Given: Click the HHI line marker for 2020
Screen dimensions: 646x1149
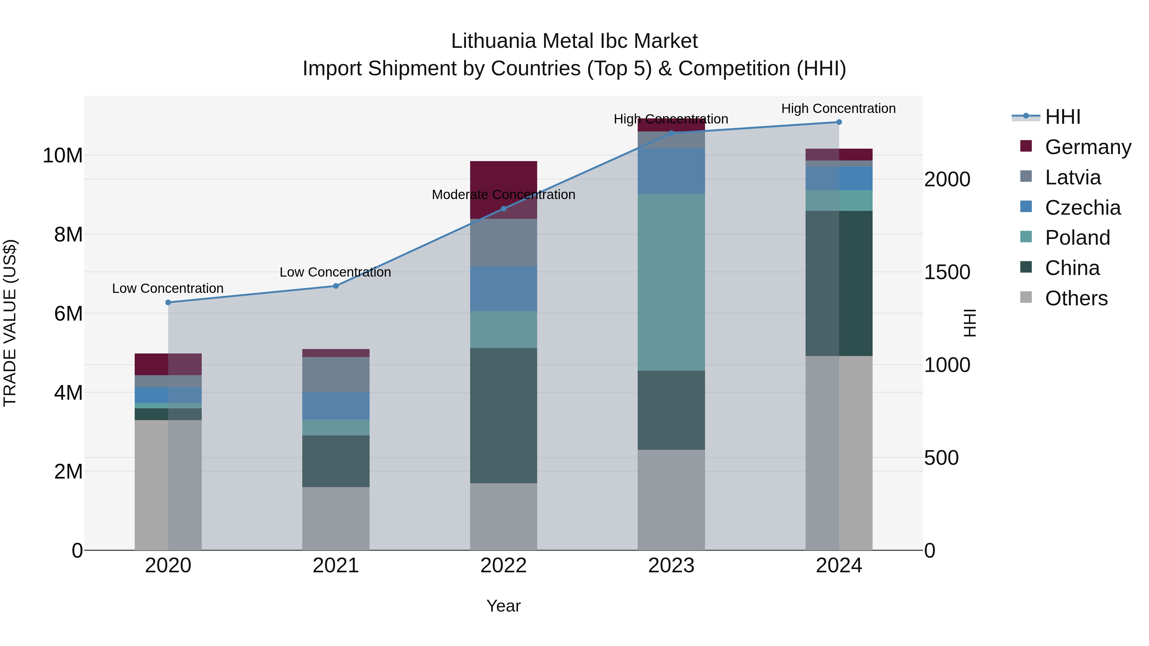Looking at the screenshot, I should coord(168,302).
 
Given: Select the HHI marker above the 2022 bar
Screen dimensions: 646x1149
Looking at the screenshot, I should coord(504,209).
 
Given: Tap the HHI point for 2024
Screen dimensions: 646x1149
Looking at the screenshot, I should coord(839,122).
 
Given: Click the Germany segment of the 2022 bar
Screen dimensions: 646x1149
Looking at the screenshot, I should coord(504,178).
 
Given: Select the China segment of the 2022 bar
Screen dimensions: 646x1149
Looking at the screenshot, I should coord(504,415).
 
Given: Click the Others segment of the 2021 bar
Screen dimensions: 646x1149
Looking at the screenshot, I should coord(336,518).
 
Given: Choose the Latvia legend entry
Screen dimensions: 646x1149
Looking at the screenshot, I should coord(1072,177).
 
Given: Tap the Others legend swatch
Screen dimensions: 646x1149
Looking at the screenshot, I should coord(1026,297).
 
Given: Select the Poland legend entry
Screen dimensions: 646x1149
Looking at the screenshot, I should coord(1077,238).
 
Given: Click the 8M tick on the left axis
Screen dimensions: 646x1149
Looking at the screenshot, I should coord(68,235).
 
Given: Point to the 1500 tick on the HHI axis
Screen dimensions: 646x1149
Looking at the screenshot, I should coord(947,272).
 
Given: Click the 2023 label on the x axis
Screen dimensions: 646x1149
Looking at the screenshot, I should coord(671,566).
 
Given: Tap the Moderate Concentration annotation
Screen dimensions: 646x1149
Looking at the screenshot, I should coord(504,195).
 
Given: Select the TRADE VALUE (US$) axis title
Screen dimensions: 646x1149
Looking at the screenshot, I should coord(10,323).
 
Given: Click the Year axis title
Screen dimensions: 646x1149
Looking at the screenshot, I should coord(504,606).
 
